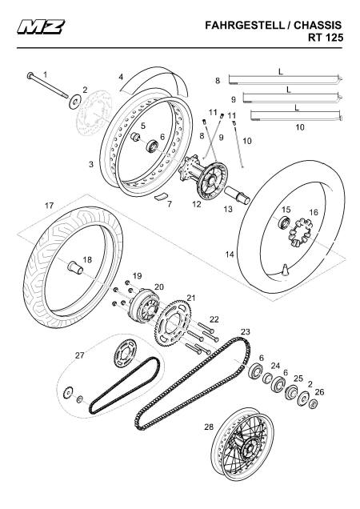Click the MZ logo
click(x=41, y=26)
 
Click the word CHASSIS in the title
click(x=318, y=26)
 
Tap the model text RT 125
click(x=326, y=38)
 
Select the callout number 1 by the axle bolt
click(x=45, y=74)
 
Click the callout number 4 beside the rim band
click(x=121, y=78)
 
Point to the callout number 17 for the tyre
click(x=49, y=206)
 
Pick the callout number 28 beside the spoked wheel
click(x=209, y=427)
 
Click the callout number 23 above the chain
click(x=246, y=332)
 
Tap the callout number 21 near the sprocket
click(x=191, y=298)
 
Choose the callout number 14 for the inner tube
click(x=230, y=254)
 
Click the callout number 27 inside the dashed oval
click(x=79, y=355)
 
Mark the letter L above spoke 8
click(x=281, y=71)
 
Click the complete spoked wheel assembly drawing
click(x=242, y=444)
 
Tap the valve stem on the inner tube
click(x=286, y=270)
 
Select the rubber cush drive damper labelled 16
click(x=301, y=232)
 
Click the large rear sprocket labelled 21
click(x=172, y=323)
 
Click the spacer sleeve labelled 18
click(x=75, y=269)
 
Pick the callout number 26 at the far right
click(x=319, y=392)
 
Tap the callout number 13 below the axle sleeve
click(x=228, y=209)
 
